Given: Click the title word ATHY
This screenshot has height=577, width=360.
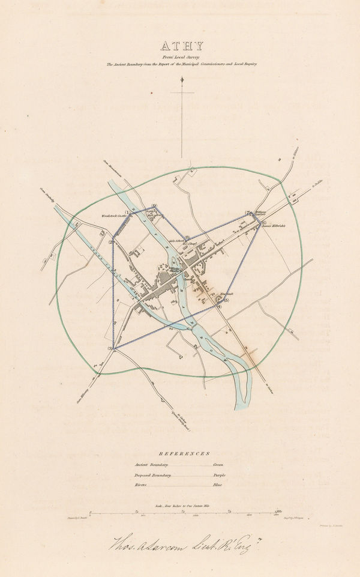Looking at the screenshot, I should pyautogui.click(x=181, y=46).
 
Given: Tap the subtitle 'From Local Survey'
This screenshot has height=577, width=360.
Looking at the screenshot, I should pyautogui.click(x=181, y=56).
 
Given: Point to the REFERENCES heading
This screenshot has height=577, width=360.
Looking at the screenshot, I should pyautogui.click(x=180, y=455).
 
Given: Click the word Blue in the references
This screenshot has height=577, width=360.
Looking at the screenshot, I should pyautogui.click(x=217, y=485).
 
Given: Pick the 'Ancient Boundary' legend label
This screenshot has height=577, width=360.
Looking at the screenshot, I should pyautogui.click(x=151, y=465).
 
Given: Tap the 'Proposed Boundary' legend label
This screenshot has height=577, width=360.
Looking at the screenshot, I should pyautogui.click(x=152, y=475).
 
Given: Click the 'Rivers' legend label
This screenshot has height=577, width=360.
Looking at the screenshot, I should pyautogui.click(x=142, y=485).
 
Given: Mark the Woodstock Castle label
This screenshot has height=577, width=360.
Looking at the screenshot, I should pyautogui.click(x=112, y=214).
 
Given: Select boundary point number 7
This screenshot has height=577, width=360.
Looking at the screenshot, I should pyautogui.click(x=248, y=213).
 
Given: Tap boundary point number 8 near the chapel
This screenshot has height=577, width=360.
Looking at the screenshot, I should pyautogui.click(x=187, y=237).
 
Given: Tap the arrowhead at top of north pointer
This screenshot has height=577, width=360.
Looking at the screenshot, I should pyautogui.click(x=181, y=79).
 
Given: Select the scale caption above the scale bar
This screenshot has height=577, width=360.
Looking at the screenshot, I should pyautogui.click(x=179, y=506).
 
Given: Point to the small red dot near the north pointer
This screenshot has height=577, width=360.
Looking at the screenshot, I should pyautogui.click(x=153, y=92).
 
